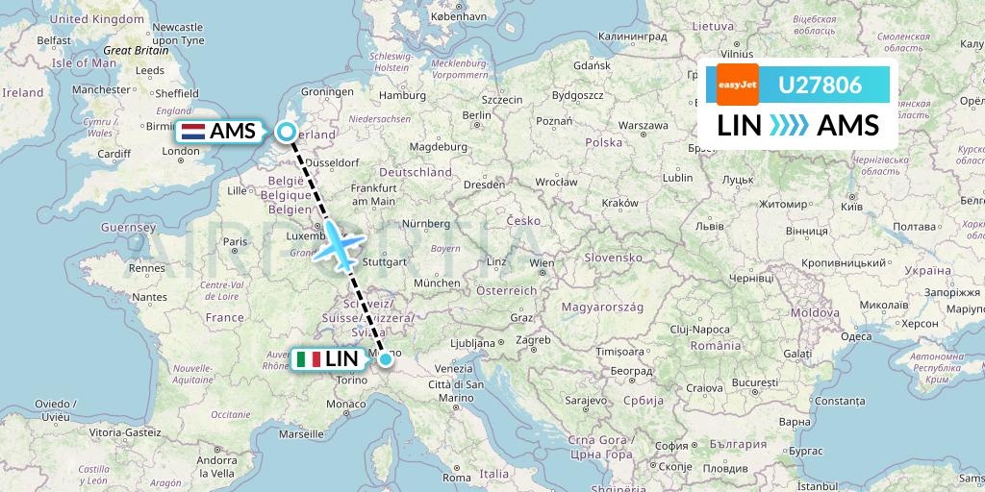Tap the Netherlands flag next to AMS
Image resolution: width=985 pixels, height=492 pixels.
pyautogui.click(x=193, y=132)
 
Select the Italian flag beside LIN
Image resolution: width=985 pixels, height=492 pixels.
pyautogui.click(x=309, y=359)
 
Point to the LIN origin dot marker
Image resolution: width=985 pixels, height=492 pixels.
pyautogui.click(x=386, y=359)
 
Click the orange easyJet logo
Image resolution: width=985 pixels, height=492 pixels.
pyautogui.click(x=738, y=85)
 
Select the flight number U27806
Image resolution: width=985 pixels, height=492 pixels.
pyautogui.click(x=820, y=85)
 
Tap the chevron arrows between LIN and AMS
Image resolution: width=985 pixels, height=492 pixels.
pyautogui.click(x=790, y=125)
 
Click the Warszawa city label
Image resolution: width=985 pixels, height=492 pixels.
pyautogui.click(x=644, y=125)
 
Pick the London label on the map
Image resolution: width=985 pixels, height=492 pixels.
pyautogui.click(x=181, y=151)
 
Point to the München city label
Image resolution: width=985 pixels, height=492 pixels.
pyautogui.click(x=436, y=283)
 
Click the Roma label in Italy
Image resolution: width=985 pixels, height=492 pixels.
pyautogui.click(x=457, y=477)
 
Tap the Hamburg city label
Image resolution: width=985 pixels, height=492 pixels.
pyautogui.click(x=403, y=95)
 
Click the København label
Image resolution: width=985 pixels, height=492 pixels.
pyautogui.click(x=459, y=17)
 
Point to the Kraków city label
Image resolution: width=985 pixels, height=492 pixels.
pyautogui.click(x=619, y=203)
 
